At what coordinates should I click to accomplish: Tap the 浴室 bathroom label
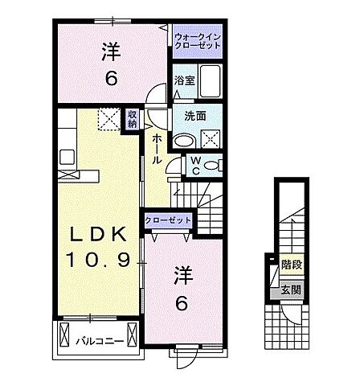(x=185, y=80)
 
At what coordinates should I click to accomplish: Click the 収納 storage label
(x=132, y=120)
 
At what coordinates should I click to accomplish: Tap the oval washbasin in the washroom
(x=184, y=140)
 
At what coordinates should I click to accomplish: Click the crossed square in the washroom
(x=211, y=138)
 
